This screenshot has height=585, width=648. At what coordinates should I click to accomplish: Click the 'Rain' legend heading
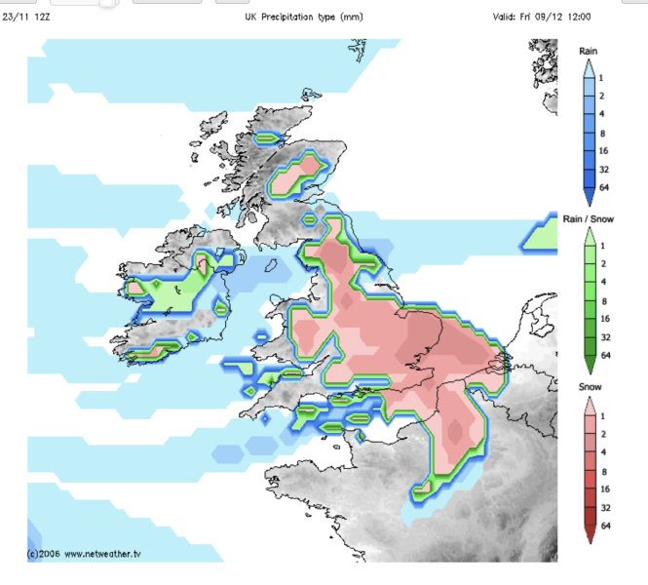tap(588, 50)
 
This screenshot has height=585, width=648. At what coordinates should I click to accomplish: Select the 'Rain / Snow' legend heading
tap(588, 219)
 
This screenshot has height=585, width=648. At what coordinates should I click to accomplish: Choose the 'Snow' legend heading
tap(588, 387)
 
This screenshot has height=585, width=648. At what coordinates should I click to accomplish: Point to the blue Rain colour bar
tap(589, 127)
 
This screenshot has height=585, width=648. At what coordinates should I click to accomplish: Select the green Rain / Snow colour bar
tap(589, 297)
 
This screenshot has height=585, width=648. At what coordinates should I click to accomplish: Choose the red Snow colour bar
tap(589, 466)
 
